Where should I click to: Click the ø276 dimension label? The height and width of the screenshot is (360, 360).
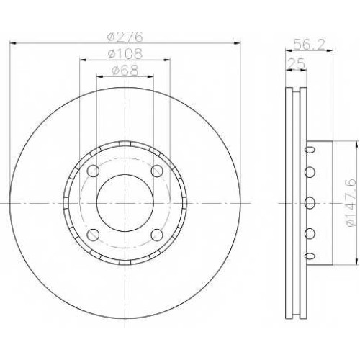point(125,37)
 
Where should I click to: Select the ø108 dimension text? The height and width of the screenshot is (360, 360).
point(125,53)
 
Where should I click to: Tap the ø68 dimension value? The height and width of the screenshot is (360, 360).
point(125,71)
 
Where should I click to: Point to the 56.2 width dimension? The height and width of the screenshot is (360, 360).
point(309,45)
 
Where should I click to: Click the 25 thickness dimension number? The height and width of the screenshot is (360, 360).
point(296,64)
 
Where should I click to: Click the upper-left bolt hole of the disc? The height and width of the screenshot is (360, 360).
point(93,171)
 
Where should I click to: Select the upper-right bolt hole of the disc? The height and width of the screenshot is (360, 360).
point(157,171)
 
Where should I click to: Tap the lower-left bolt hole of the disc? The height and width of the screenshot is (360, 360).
point(93,235)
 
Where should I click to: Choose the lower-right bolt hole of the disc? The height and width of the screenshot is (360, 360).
point(157,235)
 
